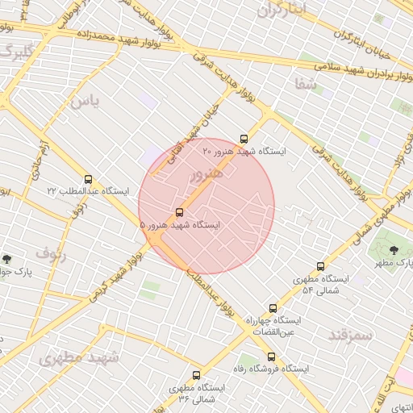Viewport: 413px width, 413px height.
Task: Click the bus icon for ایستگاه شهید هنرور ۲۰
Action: (x=244, y=138)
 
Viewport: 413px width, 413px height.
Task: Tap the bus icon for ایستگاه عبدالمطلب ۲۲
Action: (x=88, y=178)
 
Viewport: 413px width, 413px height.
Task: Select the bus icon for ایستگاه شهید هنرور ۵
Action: (x=178, y=213)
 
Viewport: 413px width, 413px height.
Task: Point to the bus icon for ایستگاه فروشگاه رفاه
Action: (x=270, y=356)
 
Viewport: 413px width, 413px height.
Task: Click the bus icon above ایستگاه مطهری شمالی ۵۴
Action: (x=321, y=266)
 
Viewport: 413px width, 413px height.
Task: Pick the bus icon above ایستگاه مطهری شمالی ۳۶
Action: (x=196, y=375)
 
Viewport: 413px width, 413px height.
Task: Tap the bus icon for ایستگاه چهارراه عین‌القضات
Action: (x=273, y=308)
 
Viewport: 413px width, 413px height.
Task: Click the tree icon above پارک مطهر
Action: (x=394, y=250)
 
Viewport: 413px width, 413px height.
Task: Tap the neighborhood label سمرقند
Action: (x=349, y=333)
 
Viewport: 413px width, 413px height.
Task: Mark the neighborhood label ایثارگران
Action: (x=282, y=10)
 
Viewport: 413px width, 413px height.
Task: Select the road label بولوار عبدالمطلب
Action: (x=211, y=294)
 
